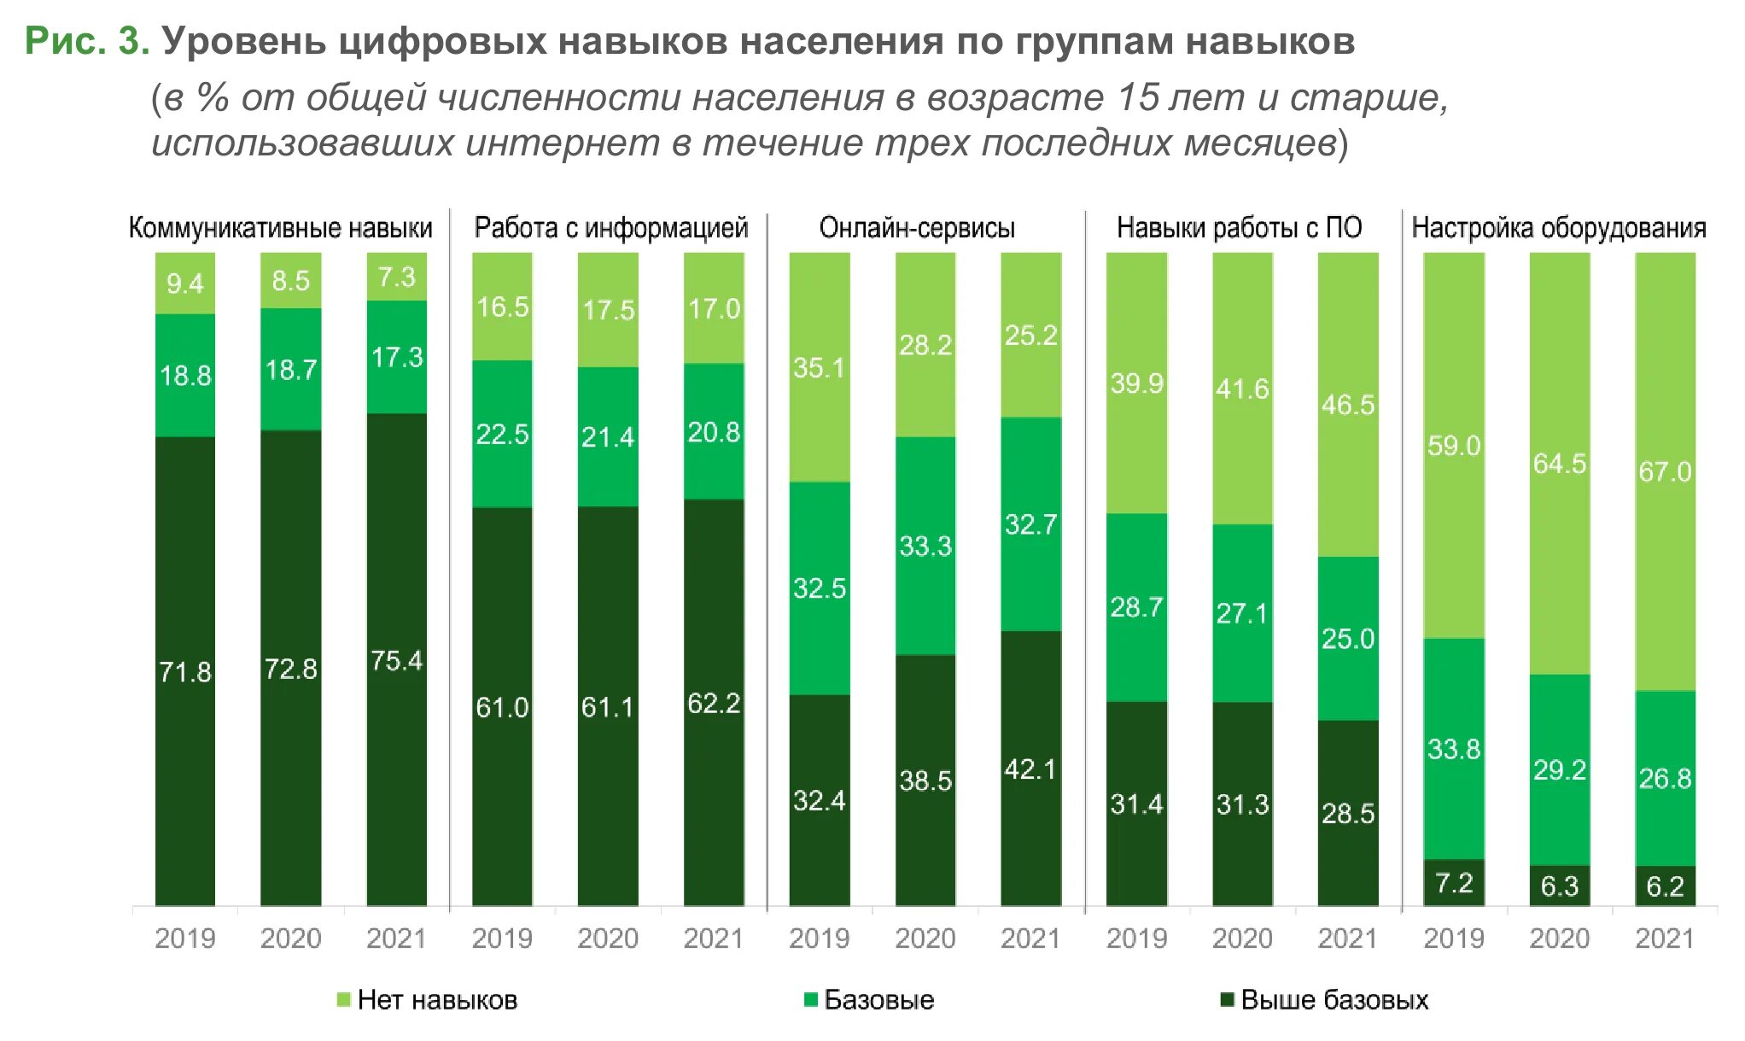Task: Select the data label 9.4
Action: click(185, 284)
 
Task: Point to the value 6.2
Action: click(1665, 886)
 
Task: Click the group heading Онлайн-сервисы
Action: click(917, 228)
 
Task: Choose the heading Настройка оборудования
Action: click(1559, 228)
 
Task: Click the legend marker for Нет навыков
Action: click(344, 999)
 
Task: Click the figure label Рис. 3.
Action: click(87, 41)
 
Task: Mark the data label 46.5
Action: click(1348, 405)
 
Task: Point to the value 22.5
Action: click(502, 435)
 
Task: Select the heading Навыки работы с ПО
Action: click(1239, 228)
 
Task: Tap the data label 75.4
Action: click(397, 661)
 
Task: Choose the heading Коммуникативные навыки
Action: click(280, 228)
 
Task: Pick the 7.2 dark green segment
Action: click(1454, 883)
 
